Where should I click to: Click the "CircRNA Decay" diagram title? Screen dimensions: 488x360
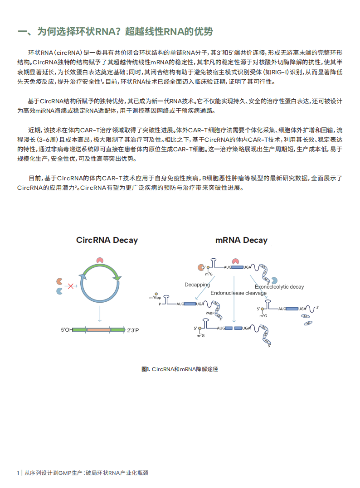tap(107, 240)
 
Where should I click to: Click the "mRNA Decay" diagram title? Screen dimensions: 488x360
tap(241, 240)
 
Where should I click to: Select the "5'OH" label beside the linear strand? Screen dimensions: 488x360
tap(66, 330)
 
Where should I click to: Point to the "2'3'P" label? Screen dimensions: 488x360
tap(133, 330)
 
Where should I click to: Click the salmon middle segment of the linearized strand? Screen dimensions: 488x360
tap(99, 330)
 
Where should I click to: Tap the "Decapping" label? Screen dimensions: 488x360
tap(197, 285)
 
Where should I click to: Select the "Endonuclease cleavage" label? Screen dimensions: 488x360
tap(238, 293)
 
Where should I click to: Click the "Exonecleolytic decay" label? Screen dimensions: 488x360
tap(279, 287)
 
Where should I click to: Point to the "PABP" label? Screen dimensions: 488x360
tap(210, 313)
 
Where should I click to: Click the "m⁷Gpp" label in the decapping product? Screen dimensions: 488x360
tap(155, 297)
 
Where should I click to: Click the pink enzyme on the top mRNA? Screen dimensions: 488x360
tap(235, 261)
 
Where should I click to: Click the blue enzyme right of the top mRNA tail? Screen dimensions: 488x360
tap(274, 281)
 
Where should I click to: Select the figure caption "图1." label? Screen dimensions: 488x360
tap(146, 369)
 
